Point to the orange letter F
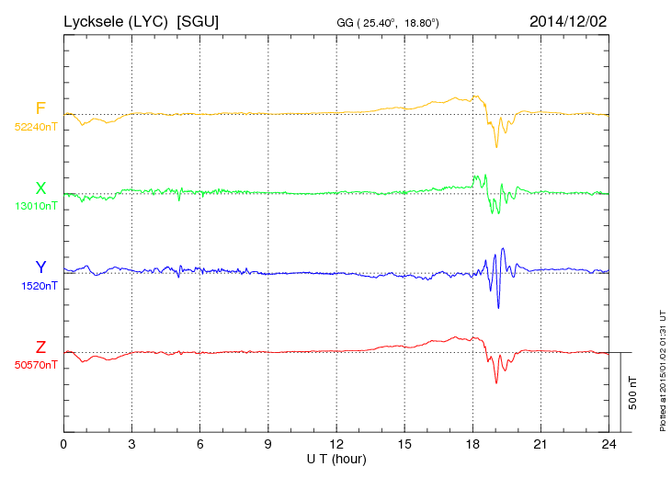40,108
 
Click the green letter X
40,188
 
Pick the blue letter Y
40,267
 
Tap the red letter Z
40,347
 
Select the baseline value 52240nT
36,127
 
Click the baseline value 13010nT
36,206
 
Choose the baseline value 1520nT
40,286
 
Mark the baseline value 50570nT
36,365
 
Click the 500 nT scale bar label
633,392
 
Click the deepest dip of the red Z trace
496,381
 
